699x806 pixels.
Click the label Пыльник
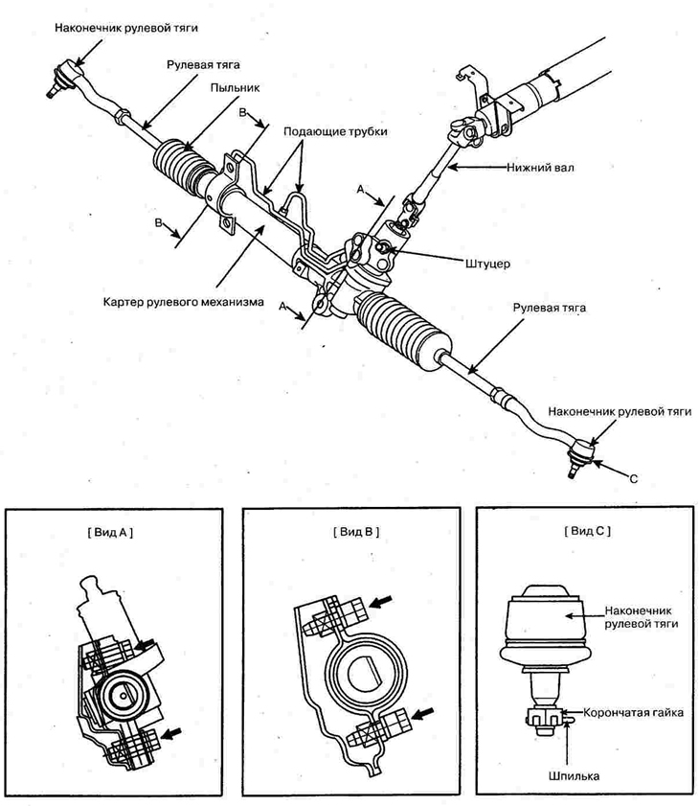coord(235,88)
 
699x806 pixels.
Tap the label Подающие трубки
coord(335,131)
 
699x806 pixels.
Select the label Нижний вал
coord(540,168)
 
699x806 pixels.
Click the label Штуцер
coord(488,264)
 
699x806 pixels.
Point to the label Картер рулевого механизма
coord(183,302)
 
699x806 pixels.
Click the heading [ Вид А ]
coord(110,532)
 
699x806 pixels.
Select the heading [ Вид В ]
coord(356,532)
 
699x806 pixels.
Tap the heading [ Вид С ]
coord(588,531)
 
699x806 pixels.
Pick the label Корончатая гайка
coord(633,713)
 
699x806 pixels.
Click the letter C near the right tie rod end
coord(634,478)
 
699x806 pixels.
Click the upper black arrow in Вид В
coord(380,601)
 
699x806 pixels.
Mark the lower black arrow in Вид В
coord(423,714)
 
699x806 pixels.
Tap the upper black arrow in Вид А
coord(146,644)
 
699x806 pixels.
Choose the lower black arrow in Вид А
coord(171,732)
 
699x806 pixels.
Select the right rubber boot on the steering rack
coord(403,329)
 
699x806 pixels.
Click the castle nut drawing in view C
coord(546,716)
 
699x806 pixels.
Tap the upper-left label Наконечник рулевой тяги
coord(126,27)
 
